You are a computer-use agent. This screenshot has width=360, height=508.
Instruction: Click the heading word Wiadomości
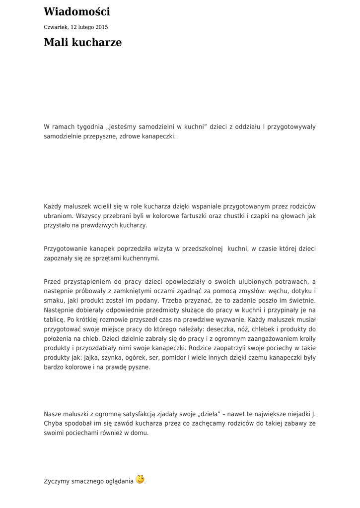(77, 12)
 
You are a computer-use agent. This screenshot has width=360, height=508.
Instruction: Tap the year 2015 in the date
(102, 27)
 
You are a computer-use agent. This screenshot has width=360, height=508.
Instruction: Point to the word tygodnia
(90, 127)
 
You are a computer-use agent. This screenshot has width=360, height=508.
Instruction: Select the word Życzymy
(56, 481)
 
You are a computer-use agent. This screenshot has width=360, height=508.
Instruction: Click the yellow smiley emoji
(140, 479)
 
